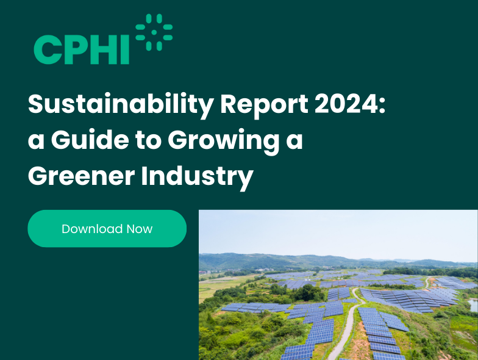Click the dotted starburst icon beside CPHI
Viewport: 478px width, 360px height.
(154, 32)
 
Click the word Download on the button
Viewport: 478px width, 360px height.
(92, 229)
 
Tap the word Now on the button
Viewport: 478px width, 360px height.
(140, 229)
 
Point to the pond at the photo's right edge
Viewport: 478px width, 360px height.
(474, 305)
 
